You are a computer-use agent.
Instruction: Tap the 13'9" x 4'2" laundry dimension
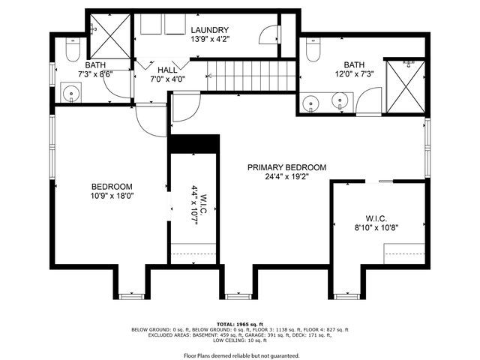coord(208,39)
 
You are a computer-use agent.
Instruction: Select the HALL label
coord(166,69)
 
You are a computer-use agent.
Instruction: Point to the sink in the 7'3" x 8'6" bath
coord(70,94)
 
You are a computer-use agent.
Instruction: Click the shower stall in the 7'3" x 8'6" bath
coord(106,33)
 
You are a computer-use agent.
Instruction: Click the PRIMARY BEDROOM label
coord(287,167)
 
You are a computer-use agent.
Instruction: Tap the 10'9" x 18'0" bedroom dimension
coord(112,196)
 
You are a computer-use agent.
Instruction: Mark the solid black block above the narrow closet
coord(193,144)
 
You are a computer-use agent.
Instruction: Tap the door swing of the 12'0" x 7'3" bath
coord(369,100)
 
